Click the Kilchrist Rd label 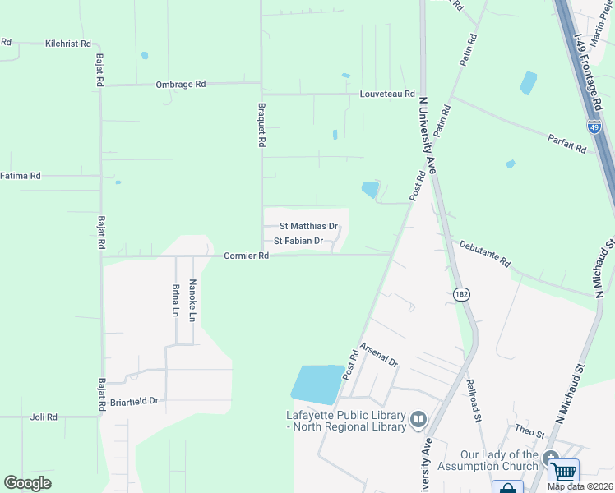[x=68, y=44]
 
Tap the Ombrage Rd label [x=180, y=85]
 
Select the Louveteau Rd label [x=387, y=94]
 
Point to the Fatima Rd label [x=21, y=176]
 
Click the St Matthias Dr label [x=309, y=226]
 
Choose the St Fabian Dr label [x=298, y=242]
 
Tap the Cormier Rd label [x=247, y=256]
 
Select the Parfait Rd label [x=566, y=144]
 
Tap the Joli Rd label [x=44, y=417]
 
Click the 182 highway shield [x=460, y=293]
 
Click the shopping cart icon [x=564, y=472]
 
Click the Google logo [x=28, y=483]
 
